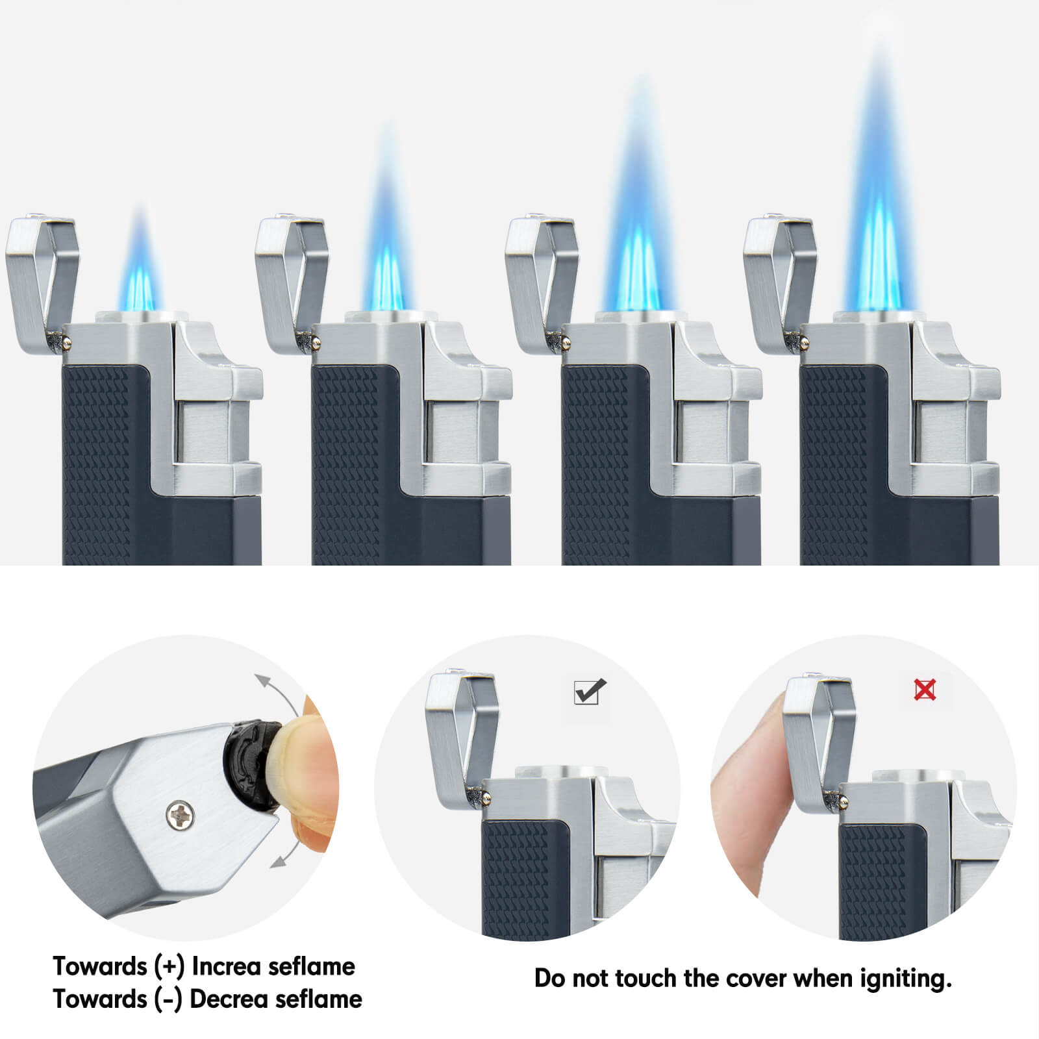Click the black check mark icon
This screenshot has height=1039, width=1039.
pos(590,691)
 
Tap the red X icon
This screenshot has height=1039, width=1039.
pos(925,690)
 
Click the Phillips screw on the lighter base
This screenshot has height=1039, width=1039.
pos(180,815)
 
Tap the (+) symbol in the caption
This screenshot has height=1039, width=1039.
pos(169,967)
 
